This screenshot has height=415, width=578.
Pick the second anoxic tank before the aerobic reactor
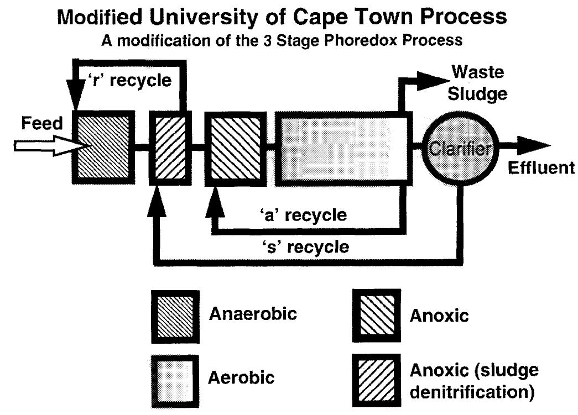232,146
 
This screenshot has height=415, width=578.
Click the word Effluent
541,168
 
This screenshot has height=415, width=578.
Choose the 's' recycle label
305,246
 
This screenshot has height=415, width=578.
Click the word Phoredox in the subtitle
337,42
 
